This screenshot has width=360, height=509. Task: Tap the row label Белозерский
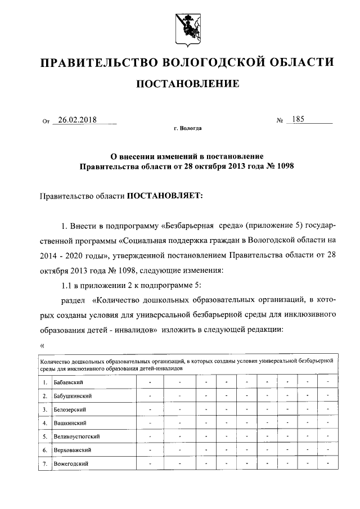tap(69, 409)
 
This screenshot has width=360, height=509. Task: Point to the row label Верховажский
tap(71, 450)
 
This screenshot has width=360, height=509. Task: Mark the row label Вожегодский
tap(69, 464)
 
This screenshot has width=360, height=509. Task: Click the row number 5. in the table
tap(44, 436)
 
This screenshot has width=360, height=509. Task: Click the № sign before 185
tap(280, 120)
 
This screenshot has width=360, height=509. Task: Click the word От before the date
tap(46, 121)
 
